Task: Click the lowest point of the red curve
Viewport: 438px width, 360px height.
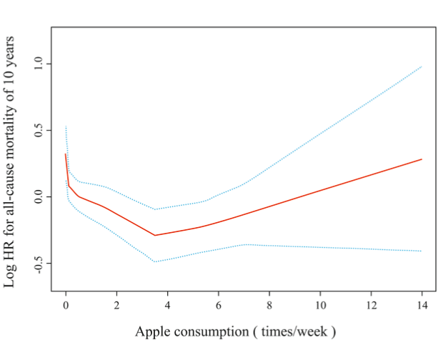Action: point(155,235)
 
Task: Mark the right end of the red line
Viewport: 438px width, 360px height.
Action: point(422,159)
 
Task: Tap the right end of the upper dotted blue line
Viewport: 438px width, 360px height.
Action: point(422,66)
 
